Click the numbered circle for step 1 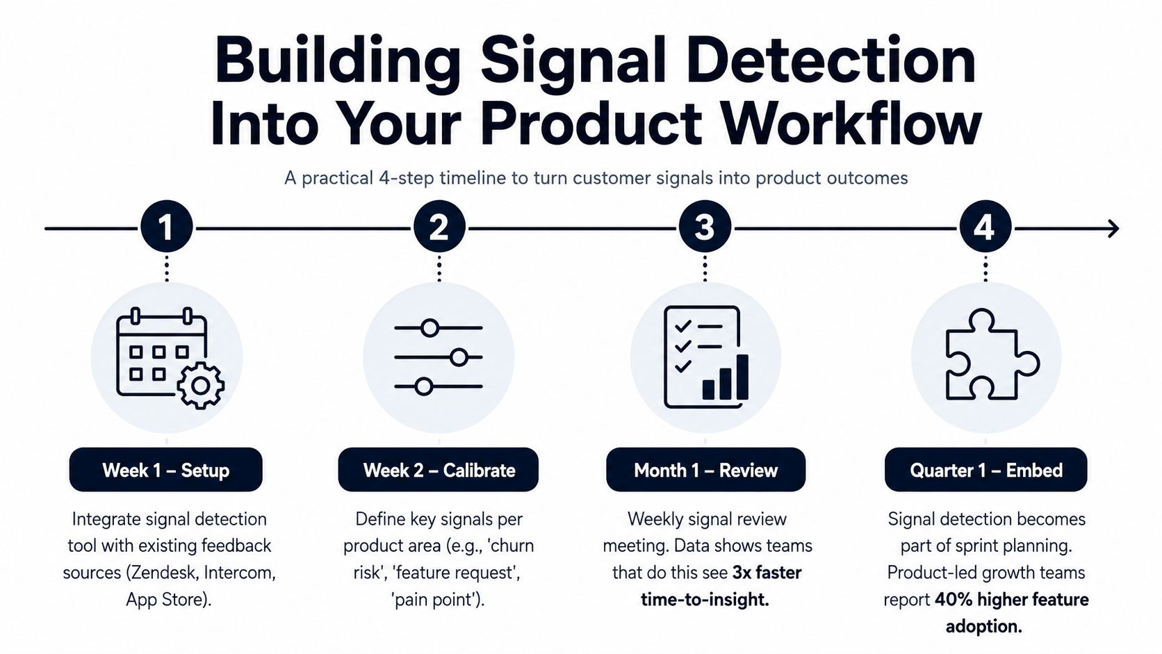167,227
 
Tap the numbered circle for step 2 439,227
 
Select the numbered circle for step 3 705,227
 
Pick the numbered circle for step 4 985,227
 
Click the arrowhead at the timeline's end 1113,229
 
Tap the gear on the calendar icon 201,386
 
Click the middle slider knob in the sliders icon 459,357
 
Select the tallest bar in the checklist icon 742,377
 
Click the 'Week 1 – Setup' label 166,470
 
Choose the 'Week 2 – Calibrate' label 439,470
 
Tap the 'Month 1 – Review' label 705,470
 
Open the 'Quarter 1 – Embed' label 986,470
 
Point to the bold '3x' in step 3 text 742,573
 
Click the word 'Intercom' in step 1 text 239,573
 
